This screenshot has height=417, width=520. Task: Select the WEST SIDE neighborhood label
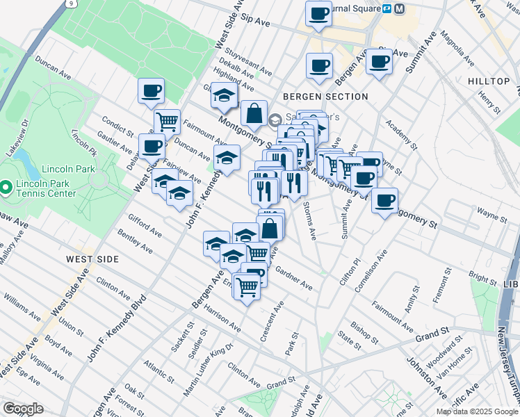tap(92, 259)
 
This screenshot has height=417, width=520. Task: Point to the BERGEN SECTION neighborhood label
tap(325, 97)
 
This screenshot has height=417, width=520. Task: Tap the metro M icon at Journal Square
tap(399, 9)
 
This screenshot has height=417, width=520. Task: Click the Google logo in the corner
tap(22, 409)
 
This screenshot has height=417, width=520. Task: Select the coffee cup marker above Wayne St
tap(384, 202)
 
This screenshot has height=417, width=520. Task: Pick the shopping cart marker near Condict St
tap(167, 122)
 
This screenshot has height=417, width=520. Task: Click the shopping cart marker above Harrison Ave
tap(247, 286)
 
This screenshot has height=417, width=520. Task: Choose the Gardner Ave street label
tap(294, 278)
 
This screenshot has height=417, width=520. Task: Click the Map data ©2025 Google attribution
tap(476, 411)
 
